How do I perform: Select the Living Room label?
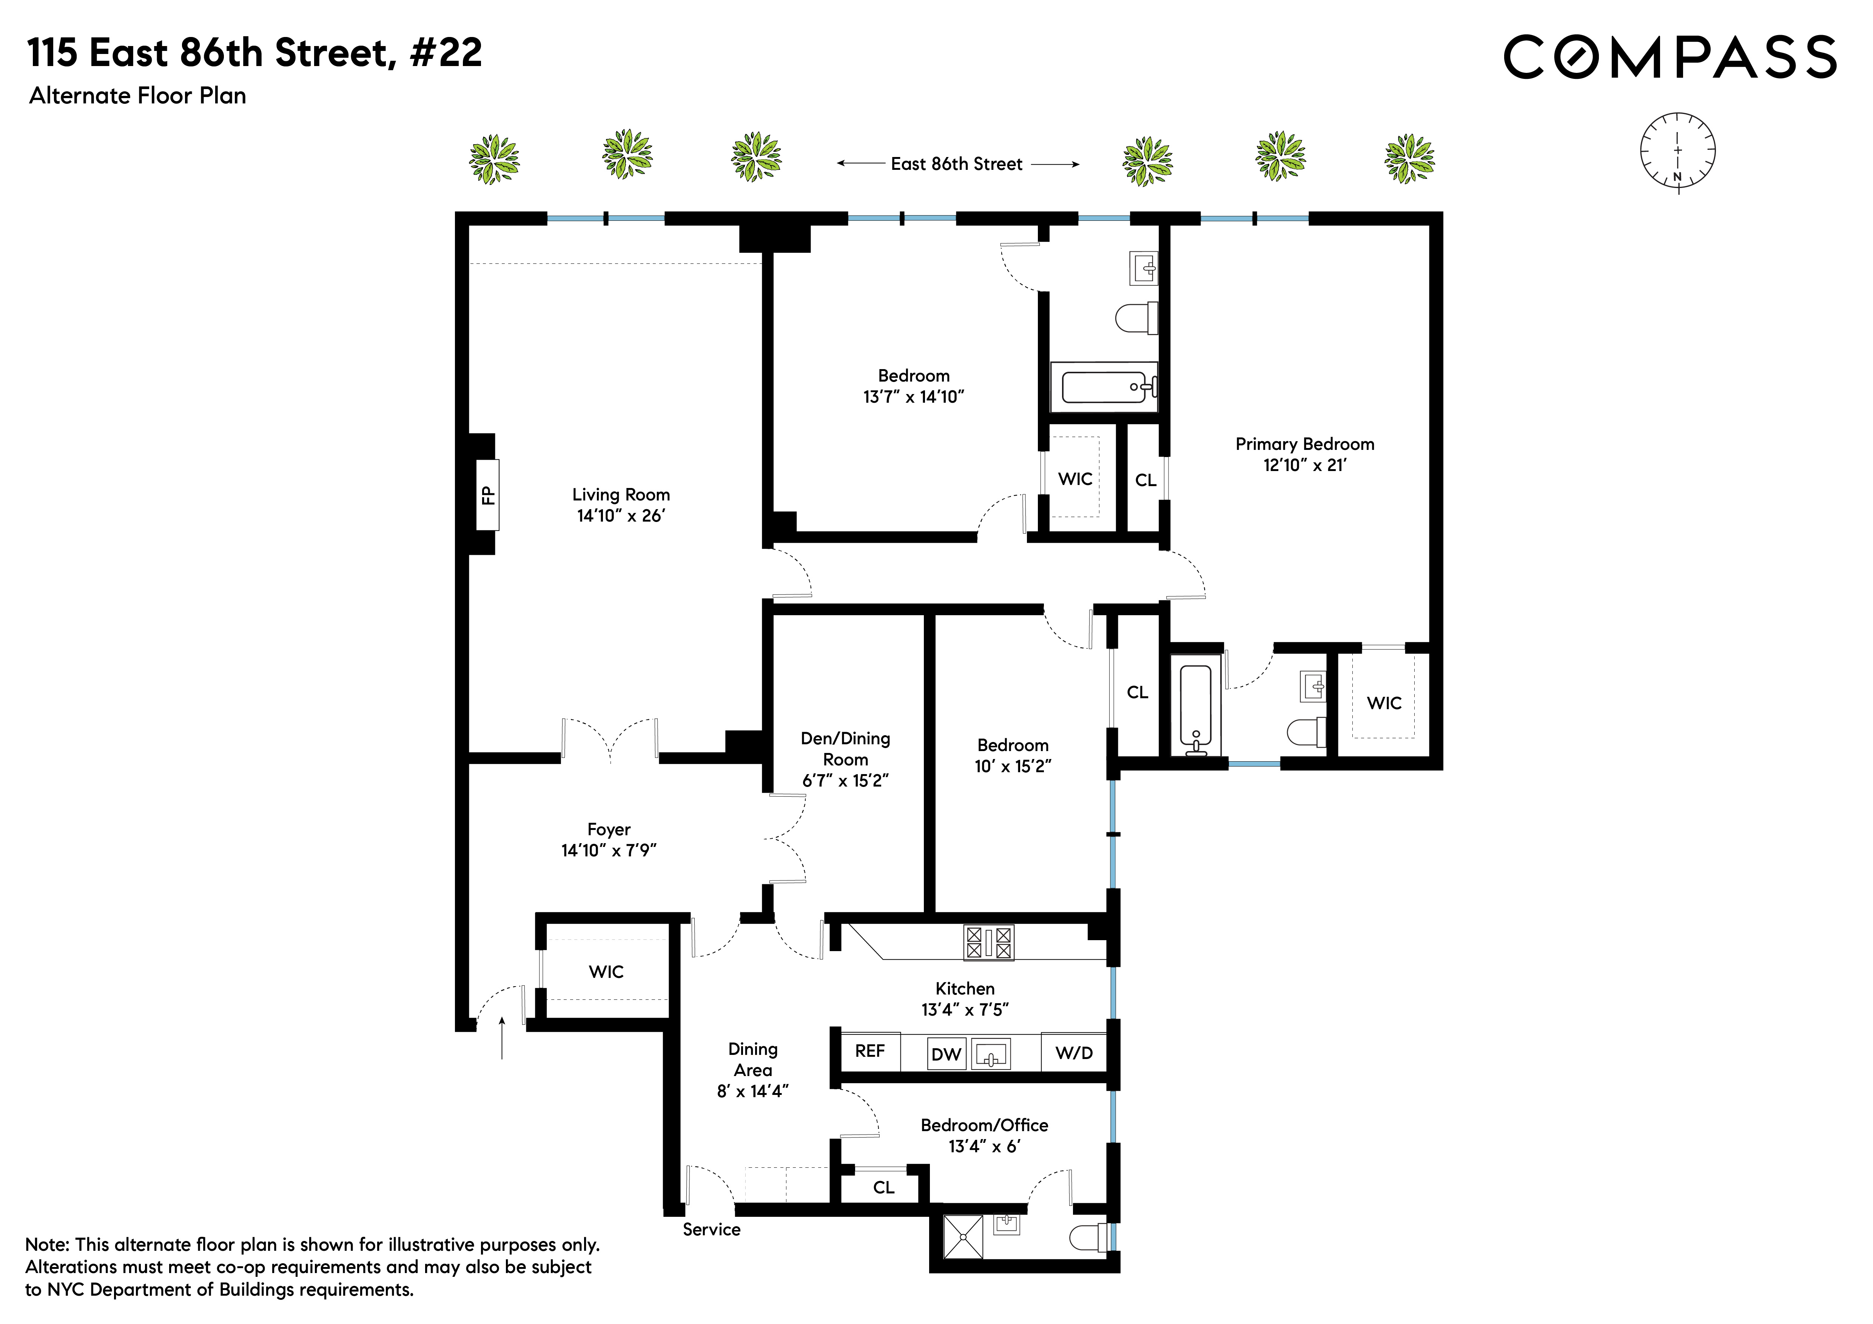click(x=621, y=495)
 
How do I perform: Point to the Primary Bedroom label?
click(x=1304, y=444)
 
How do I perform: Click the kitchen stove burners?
click(x=989, y=942)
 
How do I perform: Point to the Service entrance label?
click(x=711, y=1229)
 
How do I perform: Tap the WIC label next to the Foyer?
click(x=606, y=972)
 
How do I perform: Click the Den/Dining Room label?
click(x=845, y=748)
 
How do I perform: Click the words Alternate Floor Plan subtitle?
click(x=138, y=96)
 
